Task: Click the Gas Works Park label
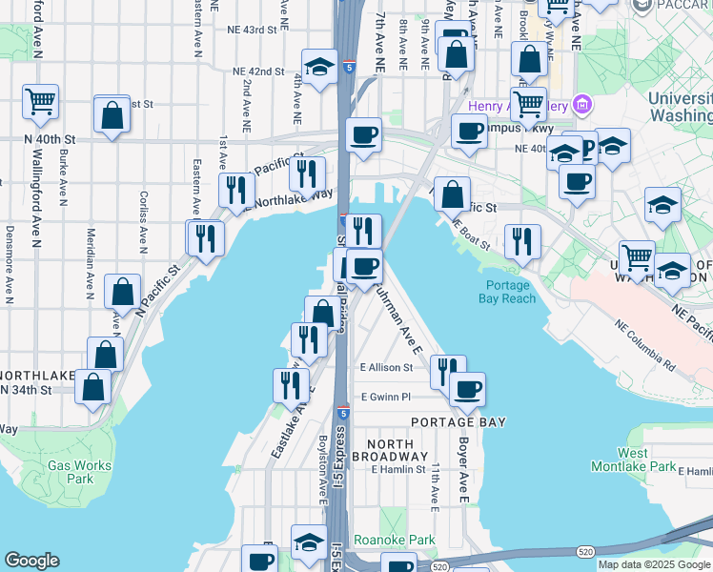point(79,473)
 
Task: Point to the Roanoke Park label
point(394,541)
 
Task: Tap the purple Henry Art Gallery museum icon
point(581,104)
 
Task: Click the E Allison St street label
point(388,367)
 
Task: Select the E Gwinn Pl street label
point(385,397)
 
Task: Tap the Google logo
point(31,561)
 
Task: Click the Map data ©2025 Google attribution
point(653,564)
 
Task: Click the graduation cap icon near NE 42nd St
point(320,67)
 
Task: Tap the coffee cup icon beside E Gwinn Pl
point(467,388)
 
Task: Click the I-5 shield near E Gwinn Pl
point(343,411)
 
